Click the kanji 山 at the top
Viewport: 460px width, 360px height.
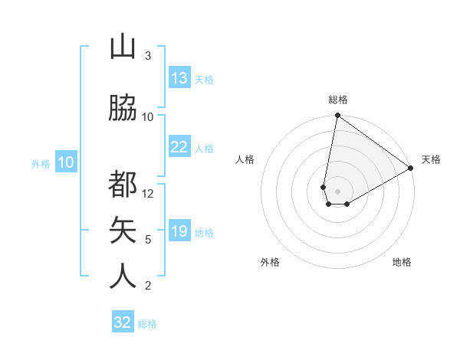tap(123, 47)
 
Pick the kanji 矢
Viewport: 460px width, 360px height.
tap(123, 229)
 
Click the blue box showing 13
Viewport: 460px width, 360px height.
tap(179, 78)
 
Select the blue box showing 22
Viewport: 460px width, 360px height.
tap(179, 147)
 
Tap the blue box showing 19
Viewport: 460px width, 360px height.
tap(179, 231)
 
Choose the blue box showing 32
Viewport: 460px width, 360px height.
tap(123, 322)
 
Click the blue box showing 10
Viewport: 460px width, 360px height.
tap(66, 162)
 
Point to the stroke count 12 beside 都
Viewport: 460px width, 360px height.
tap(148, 194)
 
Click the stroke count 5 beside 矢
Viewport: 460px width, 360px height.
tap(148, 240)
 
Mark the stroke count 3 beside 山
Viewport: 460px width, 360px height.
tap(148, 56)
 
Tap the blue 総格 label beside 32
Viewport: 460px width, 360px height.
tap(147, 324)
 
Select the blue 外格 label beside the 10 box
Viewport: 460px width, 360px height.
tap(41, 163)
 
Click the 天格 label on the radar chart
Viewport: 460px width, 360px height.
tap(431, 159)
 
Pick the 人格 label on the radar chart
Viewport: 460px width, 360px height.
tap(245, 159)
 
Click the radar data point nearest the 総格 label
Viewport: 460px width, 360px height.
tap(337, 116)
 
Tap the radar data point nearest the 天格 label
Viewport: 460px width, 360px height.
tap(411, 169)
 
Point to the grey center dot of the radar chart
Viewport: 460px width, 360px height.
tap(337, 189)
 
